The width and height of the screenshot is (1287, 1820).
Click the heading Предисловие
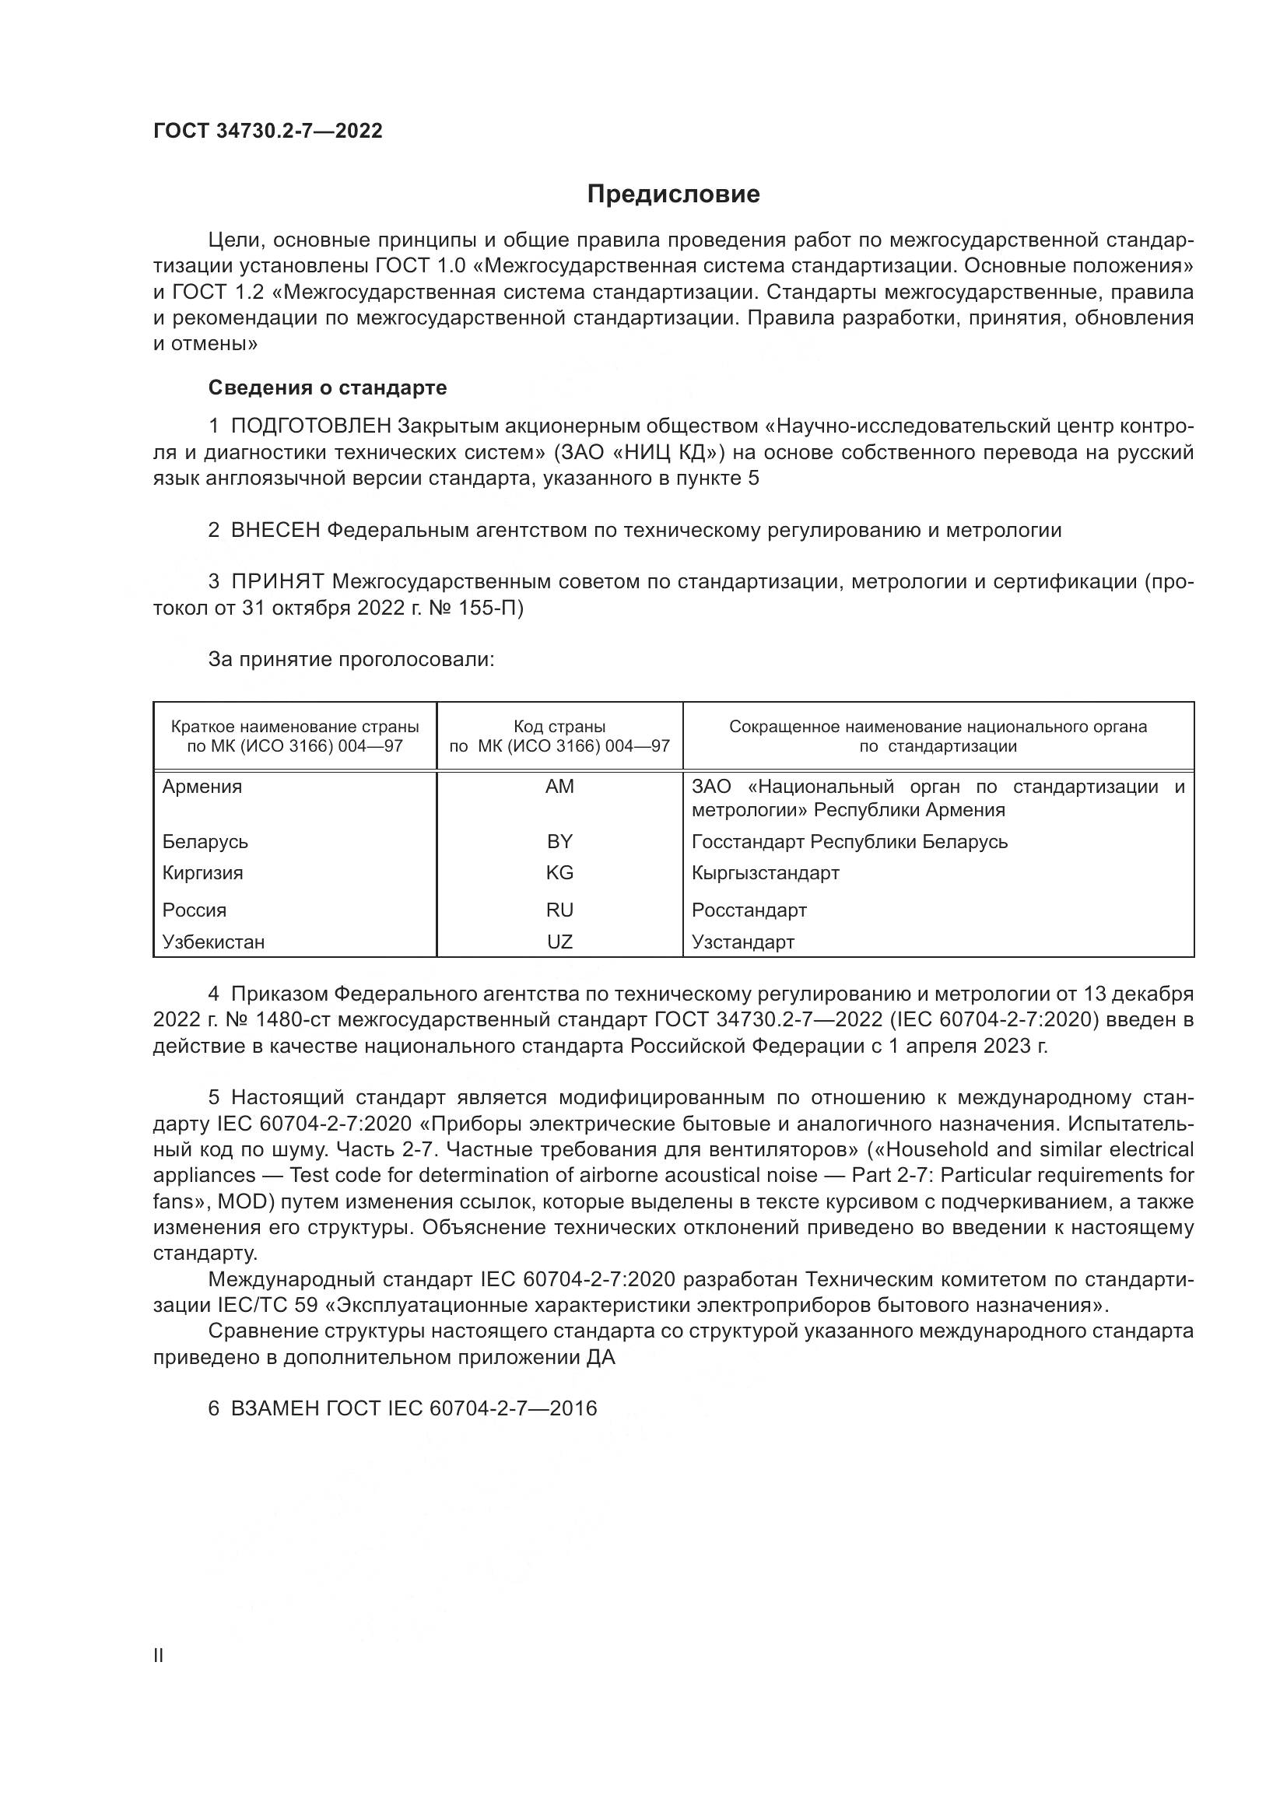click(x=673, y=195)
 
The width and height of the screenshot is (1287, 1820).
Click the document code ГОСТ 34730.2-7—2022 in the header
click(x=268, y=131)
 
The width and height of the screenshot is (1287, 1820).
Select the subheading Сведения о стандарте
click(x=328, y=387)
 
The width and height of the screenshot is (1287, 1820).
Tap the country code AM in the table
click(x=559, y=787)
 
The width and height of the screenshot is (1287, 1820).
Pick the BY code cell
click(x=559, y=841)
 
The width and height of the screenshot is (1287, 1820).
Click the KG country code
click(x=559, y=873)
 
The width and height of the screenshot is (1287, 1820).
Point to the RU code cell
click(x=559, y=910)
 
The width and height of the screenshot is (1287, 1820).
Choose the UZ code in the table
click(x=559, y=942)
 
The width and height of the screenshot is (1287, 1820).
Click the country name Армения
click(x=202, y=787)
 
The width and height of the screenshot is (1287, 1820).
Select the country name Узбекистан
click(x=213, y=942)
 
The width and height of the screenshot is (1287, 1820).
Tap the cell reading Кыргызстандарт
click(x=765, y=873)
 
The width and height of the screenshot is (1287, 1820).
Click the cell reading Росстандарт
click(x=749, y=910)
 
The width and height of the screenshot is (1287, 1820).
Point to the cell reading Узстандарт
click(x=742, y=942)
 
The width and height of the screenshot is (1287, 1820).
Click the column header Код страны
click(x=559, y=726)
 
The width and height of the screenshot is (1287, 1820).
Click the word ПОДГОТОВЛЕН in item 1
click(x=310, y=426)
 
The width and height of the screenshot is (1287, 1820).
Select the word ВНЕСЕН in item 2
click(x=275, y=531)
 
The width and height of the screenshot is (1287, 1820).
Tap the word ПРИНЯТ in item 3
click(x=277, y=582)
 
